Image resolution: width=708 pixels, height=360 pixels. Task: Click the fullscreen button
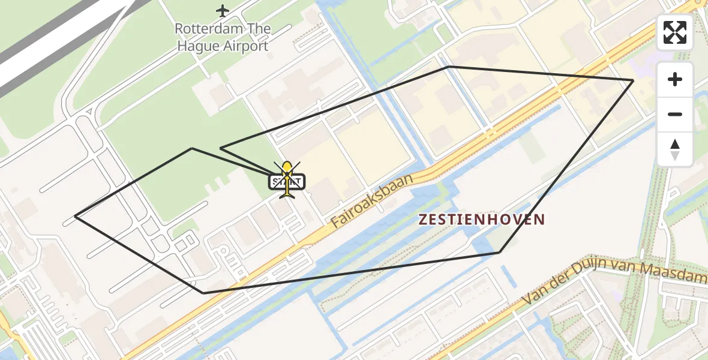(x=675, y=32)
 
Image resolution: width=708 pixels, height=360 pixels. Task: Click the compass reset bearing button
(x=675, y=149)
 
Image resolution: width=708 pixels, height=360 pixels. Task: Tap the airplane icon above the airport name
(x=223, y=11)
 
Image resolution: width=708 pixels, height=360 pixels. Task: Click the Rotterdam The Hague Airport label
(x=223, y=37)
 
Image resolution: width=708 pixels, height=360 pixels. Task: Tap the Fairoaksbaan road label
(x=373, y=201)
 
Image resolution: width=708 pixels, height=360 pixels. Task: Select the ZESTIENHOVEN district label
(x=481, y=220)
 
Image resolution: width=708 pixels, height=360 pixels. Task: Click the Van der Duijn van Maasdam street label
(x=615, y=283)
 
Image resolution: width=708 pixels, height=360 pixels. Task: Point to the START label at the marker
(x=288, y=181)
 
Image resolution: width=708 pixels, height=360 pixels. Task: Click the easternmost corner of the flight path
(x=633, y=80)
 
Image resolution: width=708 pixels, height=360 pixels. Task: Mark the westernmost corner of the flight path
(x=75, y=216)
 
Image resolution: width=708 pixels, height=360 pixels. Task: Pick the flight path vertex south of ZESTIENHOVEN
(x=499, y=253)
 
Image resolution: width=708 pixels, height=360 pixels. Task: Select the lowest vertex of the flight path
(x=204, y=293)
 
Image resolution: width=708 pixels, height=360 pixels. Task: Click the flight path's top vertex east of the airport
(x=448, y=67)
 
